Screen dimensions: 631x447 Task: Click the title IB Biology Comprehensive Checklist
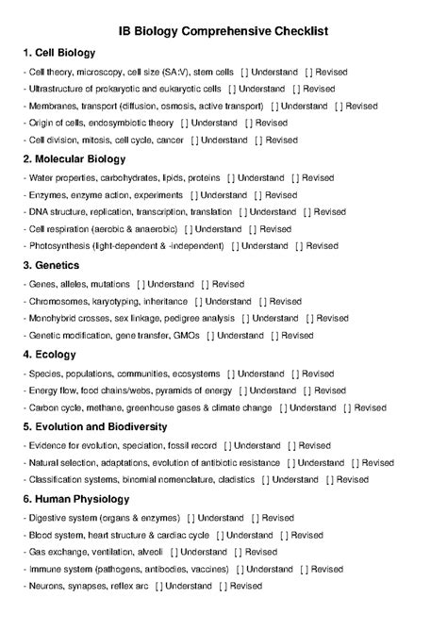coord(223,31)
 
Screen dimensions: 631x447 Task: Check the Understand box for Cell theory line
coord(245,73)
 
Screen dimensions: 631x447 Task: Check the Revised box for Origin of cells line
coord(248,124)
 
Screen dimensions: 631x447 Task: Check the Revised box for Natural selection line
coord(353,463)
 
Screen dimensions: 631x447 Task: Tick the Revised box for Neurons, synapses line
coord(223,586)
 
